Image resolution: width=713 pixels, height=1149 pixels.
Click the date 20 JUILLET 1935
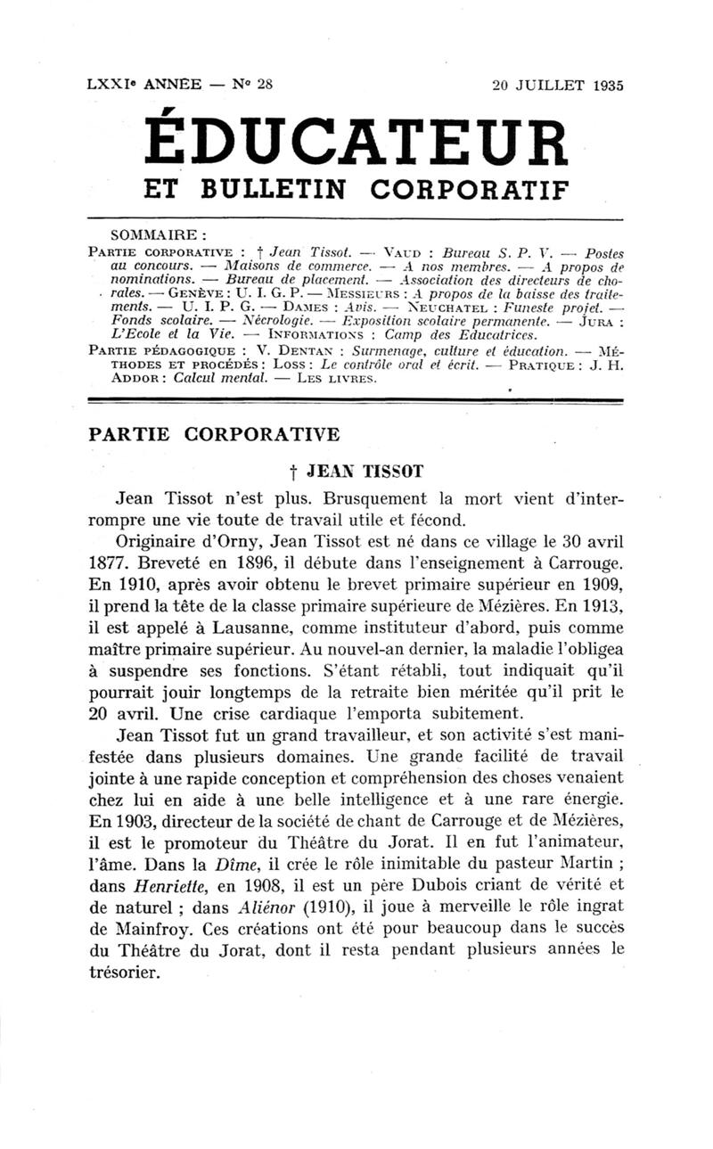[557, 86]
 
